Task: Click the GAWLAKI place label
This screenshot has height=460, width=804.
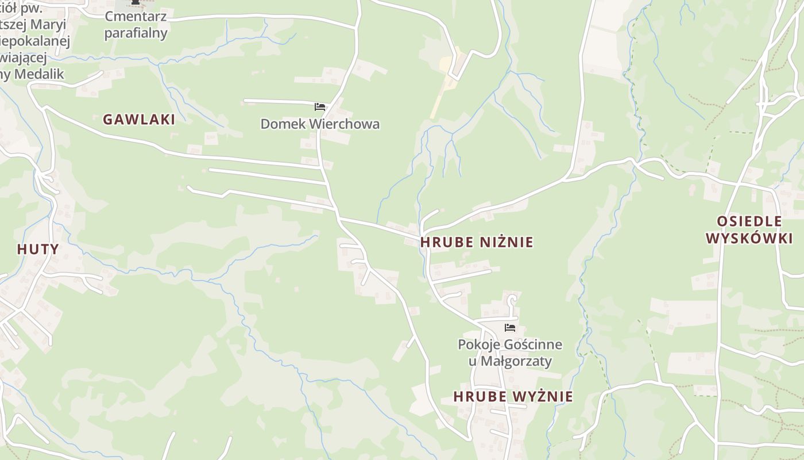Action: [138, 119]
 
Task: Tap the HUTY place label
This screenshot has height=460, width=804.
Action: [38, 249]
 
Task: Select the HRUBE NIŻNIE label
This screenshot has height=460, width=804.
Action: [477, 242]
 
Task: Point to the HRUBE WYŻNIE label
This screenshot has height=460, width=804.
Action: [513, 396]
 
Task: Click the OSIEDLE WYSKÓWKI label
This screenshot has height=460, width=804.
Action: [749, 229]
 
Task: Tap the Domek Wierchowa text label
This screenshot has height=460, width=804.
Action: [320, 124]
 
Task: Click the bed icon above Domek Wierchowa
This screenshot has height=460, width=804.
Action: [320, 107]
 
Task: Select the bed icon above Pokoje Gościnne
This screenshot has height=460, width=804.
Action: [509, 328]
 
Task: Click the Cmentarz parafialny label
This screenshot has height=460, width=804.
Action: [136, 25]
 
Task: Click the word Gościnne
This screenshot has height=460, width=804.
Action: [531, 344]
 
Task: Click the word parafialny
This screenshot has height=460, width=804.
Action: [136, 33]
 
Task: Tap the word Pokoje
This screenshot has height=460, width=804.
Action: [477, 344]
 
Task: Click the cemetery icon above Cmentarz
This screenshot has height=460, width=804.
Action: [136, 2]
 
